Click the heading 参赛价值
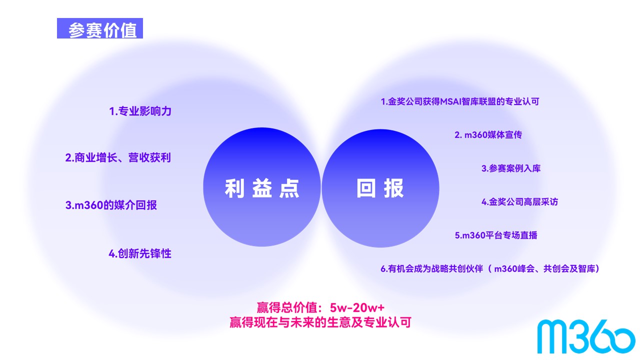pos(102,30)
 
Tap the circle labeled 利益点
pos(261,187)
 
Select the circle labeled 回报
pos(380,188)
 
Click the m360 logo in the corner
pos(586,336)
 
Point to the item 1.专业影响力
pos(140,111)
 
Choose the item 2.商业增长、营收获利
pos(118,157)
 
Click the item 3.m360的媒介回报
pos(111,205)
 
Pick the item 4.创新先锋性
pos(140,253)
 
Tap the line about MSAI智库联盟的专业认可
pos(460,101)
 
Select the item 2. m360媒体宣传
pos(488,135)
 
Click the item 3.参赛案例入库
pos(511,168)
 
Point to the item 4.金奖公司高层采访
pos(519,201)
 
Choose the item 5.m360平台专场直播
pos(496,235)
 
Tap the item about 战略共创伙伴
pos(489,268)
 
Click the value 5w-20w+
pos(357,307)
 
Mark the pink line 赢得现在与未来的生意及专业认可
pos(320,322)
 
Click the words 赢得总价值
pos(287,307)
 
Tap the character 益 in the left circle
pos(262,188)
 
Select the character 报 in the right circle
pos(393,188)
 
